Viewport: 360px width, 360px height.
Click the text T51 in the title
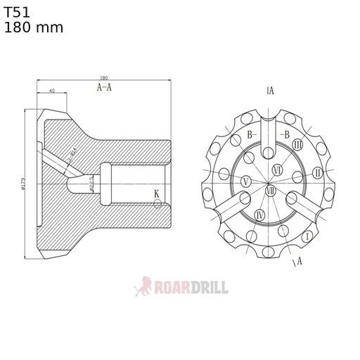click(17, 13)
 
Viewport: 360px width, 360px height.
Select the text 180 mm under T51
click(33, 28)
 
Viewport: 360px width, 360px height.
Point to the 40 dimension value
click(53, 91)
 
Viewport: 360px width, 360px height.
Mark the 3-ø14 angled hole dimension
click(71, 156)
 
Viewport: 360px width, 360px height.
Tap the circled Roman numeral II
click(317, 173)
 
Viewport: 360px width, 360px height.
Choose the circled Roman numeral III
click(297, 144)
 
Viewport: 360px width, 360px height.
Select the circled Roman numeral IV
click(260, 215)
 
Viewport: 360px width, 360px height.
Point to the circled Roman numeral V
click(245, 182)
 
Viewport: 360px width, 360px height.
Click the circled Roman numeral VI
click(277, 170)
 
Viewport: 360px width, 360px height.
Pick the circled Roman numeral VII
click(271, 190)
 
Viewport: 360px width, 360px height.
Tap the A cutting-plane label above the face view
click(271, 90)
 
